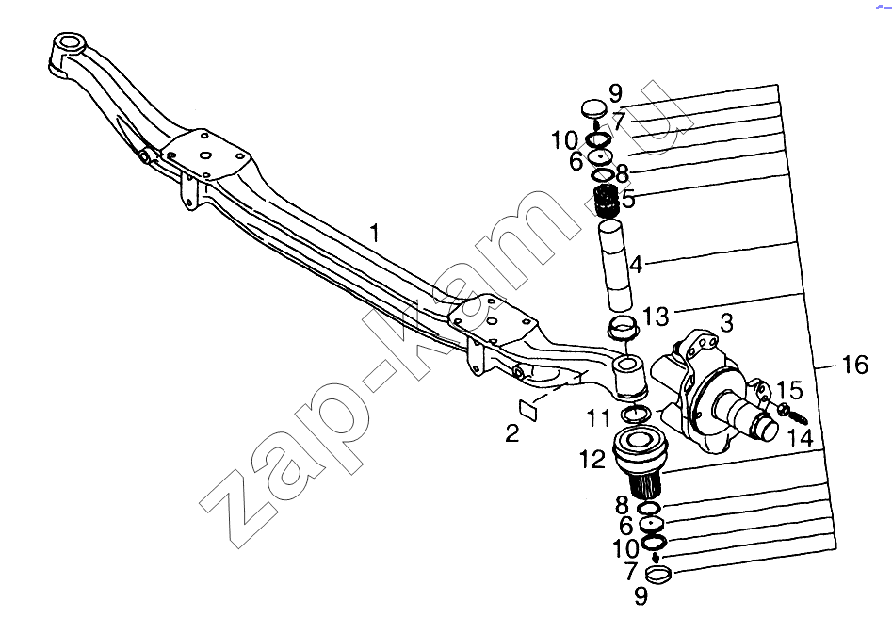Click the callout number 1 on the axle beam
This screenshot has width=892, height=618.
click(x=374, y=234)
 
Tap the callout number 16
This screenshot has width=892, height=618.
click(x=855, y=365)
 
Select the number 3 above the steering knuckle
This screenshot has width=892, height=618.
click(x=726, y=322)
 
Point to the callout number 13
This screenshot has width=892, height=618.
click(x=656, y=317)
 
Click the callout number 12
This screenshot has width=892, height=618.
click(x=592, y=459)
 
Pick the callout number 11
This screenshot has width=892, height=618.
click(x=598, y=418)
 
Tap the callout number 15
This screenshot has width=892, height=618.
click(x=790, y=390)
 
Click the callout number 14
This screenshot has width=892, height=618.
click(x=801, y=437)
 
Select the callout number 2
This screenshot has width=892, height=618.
click(x=512, y=433)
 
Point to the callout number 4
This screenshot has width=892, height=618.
click(x=636, y=265)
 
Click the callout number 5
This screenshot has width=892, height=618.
click(x=628, y=199)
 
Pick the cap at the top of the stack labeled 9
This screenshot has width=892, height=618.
click(x=595, y=107)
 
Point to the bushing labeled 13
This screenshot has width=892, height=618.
click(x=624, y=326)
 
